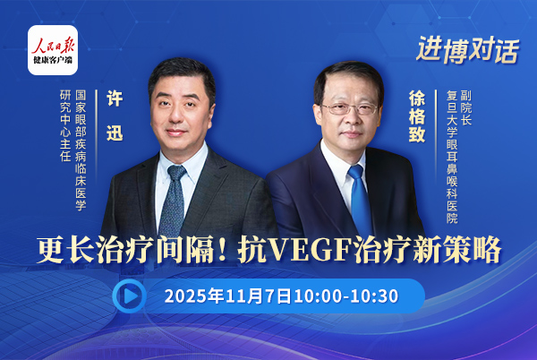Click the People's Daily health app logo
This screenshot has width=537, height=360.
pos(53,50)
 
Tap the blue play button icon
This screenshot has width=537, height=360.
pos(130,296)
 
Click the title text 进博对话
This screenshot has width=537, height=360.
pos(468,50)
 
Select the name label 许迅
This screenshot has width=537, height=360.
pos(115,116)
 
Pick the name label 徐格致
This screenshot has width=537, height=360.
pos(417,116)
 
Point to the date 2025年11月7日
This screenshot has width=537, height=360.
pos(227,296)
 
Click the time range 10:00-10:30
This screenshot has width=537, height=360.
pos(345,296)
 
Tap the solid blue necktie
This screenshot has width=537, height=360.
pos(360,199)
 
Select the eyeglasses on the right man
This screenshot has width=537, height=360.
pos(349,109)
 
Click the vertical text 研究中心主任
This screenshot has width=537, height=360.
pos(65,125)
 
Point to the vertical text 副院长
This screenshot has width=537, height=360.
pos(466,107)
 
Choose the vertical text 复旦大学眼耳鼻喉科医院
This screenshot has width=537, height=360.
pos(452,157)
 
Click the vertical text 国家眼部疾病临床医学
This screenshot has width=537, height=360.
pos(81,150)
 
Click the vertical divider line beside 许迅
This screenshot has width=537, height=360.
pos(97,136)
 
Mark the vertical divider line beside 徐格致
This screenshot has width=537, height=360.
pos(436,136)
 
